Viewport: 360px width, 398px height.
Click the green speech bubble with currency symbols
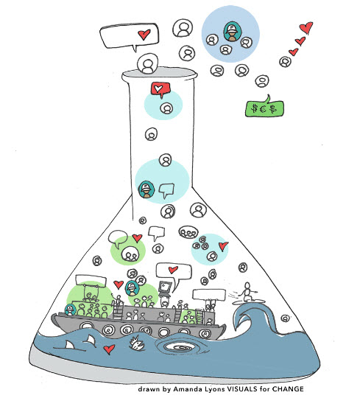pos(264,108)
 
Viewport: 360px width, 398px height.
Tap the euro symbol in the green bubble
pos(264,109)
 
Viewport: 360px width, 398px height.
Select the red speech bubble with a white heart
pos(160,89)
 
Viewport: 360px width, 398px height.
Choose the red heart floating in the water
pos(109,349)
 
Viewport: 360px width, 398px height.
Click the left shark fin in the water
pos(68,345)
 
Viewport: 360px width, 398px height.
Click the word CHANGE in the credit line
pos(288,389)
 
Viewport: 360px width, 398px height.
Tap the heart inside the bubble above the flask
pos(144,34)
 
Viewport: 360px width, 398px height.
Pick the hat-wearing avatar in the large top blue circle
pos(232,32)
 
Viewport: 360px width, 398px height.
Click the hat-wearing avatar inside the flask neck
pos(147,189)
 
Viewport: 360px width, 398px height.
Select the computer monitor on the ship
pos(165,287)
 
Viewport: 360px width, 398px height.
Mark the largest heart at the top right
pos(306,27)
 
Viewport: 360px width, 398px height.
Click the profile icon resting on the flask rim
pos(148,63)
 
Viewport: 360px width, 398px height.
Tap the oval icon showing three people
pos(188,232)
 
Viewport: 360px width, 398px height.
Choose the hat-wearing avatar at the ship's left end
pos(70,310)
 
